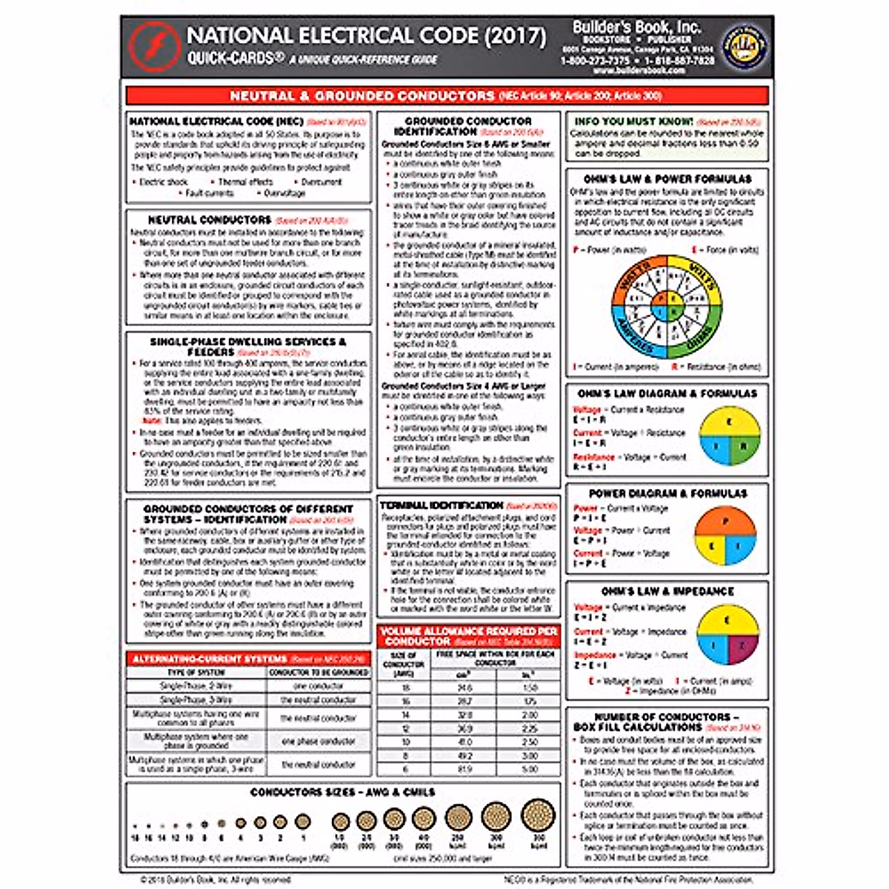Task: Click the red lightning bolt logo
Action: [154, 46]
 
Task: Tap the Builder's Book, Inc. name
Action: [636, 27]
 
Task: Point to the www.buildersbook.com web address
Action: [639, 70]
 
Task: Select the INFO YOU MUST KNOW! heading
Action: [633, 121]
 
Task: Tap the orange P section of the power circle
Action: [725, 522]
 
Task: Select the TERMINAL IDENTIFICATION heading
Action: [442, 505]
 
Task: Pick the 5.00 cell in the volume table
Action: [529, 770]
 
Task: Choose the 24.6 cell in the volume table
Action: [465, 688]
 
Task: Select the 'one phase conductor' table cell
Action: [319, 741]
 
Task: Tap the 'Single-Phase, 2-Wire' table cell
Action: [196, 686]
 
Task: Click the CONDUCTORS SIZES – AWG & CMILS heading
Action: [342, 792]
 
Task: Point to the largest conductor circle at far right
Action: [538, 817]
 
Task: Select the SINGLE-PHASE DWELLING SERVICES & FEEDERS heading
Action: [248, 347]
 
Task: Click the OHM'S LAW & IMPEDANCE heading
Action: [667, 591]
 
